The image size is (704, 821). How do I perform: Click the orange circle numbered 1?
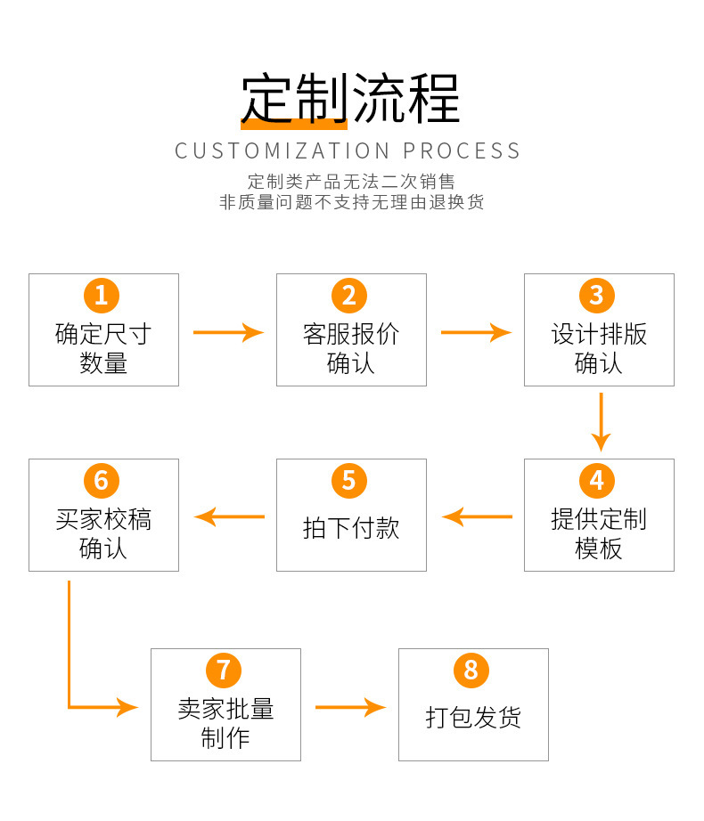click(x=102, y=296)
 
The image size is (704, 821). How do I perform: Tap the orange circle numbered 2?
click(x=349, y=296)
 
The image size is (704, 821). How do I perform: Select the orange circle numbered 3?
click(x=597, y=296)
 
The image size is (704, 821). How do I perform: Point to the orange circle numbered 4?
click(x=597, y=481)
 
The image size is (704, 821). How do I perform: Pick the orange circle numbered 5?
click(x=349, y=481)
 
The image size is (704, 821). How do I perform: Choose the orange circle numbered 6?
click(x=102, y=481)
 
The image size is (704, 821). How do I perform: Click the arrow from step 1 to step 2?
click(x=228, y=332)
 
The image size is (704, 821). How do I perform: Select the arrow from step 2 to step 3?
click(x=476, y=332)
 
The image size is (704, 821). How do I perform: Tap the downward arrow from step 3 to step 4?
click(x=601, y=421)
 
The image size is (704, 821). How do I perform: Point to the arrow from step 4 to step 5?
click(x=478, y=516)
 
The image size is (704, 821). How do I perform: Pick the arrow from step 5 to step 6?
click(x=230, y=516)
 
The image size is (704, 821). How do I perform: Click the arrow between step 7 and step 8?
click(x=350, y=708)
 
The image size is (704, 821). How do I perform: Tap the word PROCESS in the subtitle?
click(x=462, y=150)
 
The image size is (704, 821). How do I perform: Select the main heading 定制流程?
click(x=350, y=97)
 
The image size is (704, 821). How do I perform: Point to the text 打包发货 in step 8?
click(x=473, y=718)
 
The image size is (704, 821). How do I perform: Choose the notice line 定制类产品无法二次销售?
click(x=351, y=182)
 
